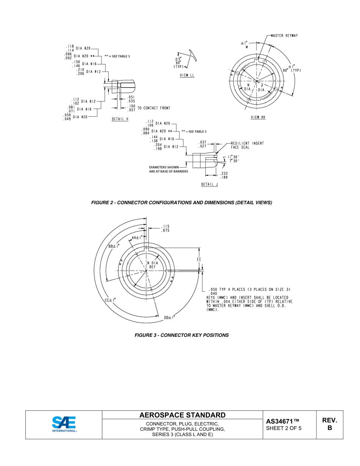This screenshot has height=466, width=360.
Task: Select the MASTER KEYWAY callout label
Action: (x=284, y=36)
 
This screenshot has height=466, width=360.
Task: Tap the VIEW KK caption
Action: (x=258, y=117)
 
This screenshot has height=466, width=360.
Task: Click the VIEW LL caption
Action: (x=187, y=75)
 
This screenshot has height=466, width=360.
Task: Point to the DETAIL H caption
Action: (x=120, y=119)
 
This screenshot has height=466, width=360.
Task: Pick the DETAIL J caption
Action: (x=210, y=185)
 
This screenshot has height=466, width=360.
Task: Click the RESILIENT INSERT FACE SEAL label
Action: (x=247, y=145)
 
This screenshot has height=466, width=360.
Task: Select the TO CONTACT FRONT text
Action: (x=153, y=108)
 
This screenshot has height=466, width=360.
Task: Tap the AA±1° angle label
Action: (x=137, y=238)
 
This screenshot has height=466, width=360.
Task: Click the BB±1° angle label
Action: (x=114, y=246)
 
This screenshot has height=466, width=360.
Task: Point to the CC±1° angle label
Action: (x=110, y=300)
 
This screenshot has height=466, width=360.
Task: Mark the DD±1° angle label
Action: (x=169, y=317)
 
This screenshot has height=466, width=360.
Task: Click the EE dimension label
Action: (x=199, y=260)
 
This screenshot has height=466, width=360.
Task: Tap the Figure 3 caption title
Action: (x=182, y=335)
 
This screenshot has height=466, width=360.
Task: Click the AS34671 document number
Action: (x=283, y=421)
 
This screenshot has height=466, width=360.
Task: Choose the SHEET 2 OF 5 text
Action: (x=284, y=428)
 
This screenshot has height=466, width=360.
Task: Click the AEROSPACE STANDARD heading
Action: (x=182, y=415)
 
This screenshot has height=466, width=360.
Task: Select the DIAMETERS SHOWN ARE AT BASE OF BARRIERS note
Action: (x=168, y=169)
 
